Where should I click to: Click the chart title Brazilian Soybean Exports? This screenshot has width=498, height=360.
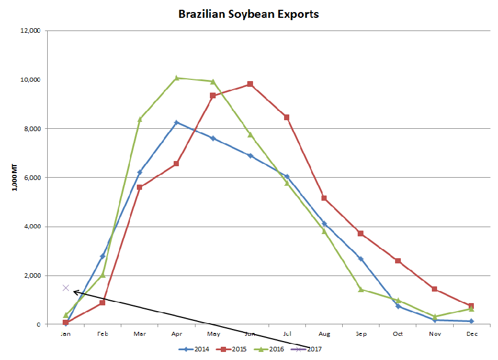coord(248,14)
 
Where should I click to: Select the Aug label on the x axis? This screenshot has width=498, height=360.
coord(324,334)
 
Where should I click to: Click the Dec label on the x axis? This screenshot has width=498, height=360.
coord(471,334)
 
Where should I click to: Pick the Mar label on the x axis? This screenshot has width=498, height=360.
coord(139,334)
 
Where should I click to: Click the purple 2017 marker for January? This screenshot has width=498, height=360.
coord(66,288)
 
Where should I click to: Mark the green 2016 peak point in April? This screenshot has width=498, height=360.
coord(177,78)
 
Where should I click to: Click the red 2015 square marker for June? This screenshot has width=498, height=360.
coord(250,84)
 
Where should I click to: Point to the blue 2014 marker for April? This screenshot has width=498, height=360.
coord(177,122)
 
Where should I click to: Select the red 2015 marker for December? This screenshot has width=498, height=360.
coord(471,306)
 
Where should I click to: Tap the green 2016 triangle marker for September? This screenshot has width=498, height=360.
coord(361,289)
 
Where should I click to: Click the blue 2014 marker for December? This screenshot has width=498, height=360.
coord(471,321)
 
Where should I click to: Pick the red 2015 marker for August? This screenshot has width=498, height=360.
coord(324,198)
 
